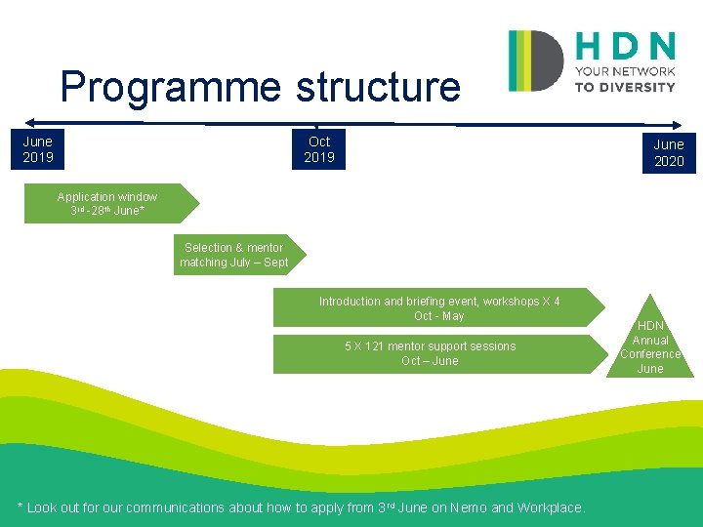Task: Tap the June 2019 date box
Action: click(38, 149)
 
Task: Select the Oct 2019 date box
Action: click(319, 149)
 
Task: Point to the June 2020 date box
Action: click(669, 153)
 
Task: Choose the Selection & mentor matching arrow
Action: click(236, 255)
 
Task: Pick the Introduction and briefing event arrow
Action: click(438, 308)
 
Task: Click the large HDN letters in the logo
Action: click(625, 46)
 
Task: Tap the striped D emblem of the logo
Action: click(535, 61)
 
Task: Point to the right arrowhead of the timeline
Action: click(680, 125)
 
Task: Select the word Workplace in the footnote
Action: click(550, 507)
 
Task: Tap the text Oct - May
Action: click(438, 316)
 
